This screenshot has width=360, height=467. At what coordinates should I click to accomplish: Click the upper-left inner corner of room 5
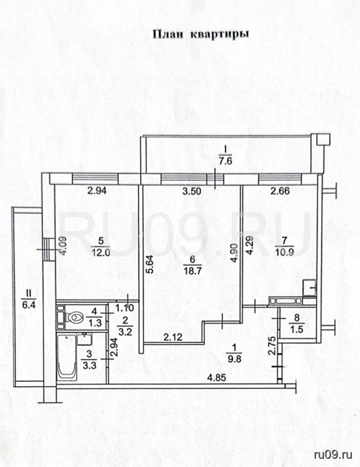click(x=55, y=185)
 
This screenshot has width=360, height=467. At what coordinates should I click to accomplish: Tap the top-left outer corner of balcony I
click(x=141, y=136)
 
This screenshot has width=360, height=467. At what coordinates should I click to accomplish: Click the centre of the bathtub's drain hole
click(x=67, y=338)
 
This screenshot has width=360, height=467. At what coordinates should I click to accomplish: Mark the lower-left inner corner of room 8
click(x=280, y=338)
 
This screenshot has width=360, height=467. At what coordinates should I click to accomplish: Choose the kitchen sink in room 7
click(x=309, y=288)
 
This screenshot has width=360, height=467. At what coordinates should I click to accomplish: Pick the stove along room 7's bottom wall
click(x=286, y=301)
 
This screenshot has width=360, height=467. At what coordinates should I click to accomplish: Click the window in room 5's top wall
click(x=96, y=178)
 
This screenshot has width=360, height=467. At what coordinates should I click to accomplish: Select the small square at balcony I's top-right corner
click(x=323, y=140)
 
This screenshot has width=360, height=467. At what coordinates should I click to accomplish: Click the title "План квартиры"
click(x=201, y=34)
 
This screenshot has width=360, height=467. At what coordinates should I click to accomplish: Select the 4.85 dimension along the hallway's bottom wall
click(x=217, y=378)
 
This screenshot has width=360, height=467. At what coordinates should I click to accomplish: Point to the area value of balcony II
click(x=29, y=305)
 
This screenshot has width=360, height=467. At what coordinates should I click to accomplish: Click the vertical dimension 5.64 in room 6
click(x=150, y=264)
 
